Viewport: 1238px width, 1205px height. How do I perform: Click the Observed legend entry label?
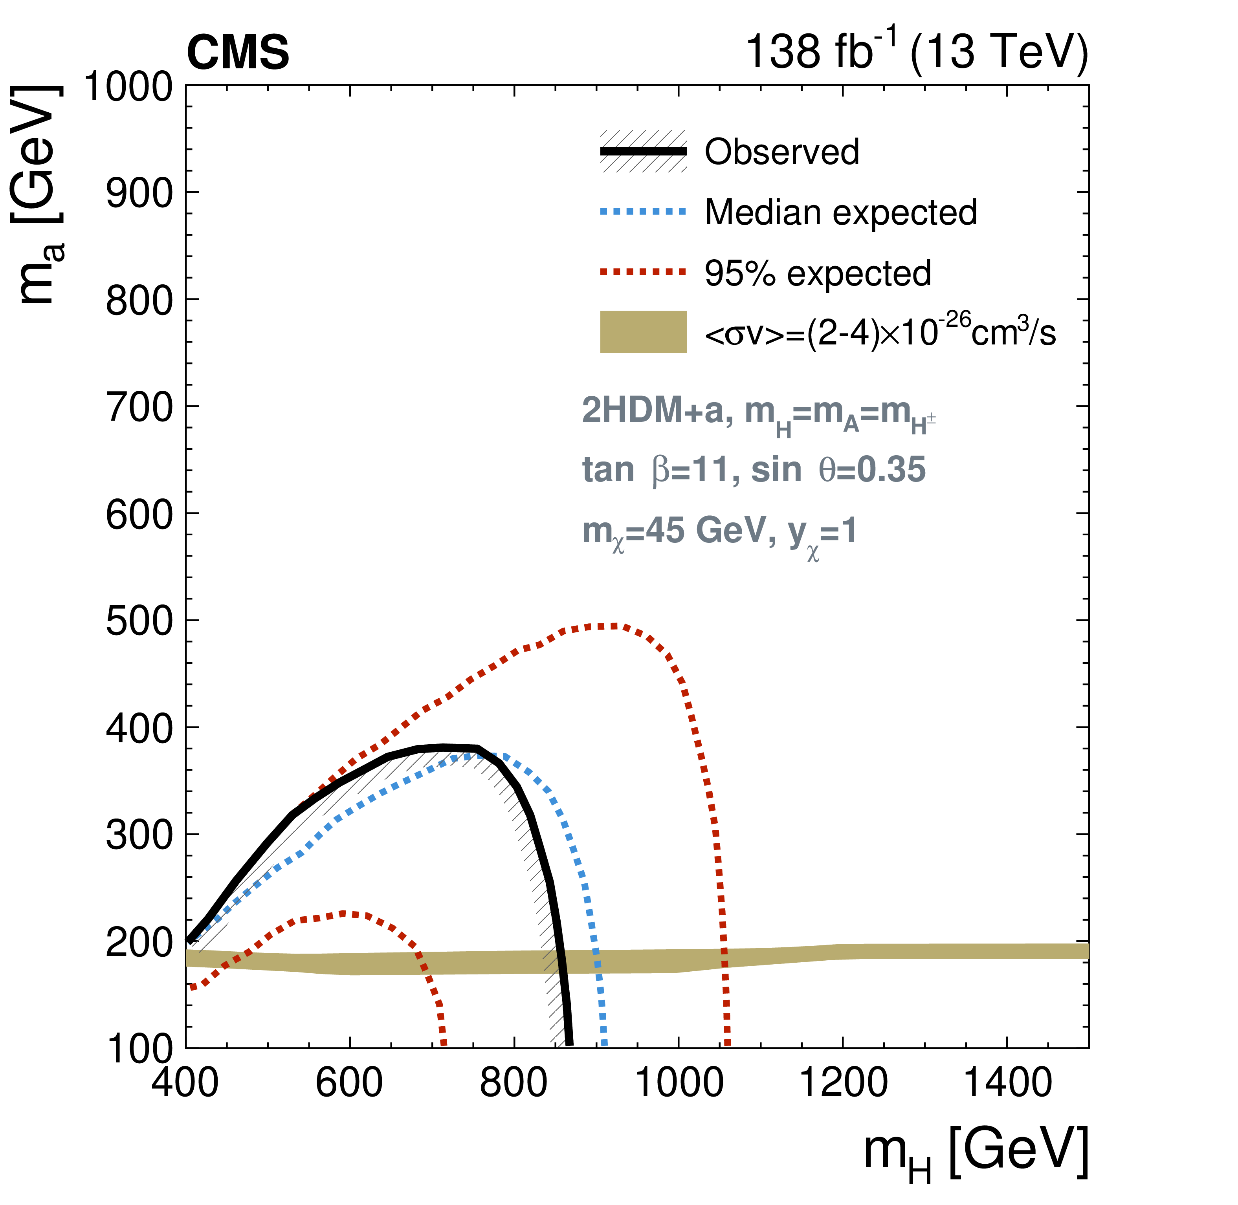(782, 152)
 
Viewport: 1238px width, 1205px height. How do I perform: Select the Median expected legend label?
(840, 212)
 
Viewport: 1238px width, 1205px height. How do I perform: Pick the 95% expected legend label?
(817, 273)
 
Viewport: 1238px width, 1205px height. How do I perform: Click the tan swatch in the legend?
(643, 331)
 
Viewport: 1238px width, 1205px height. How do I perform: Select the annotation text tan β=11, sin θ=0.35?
(753, 470)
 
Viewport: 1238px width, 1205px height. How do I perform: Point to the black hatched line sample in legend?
(643, 151)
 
